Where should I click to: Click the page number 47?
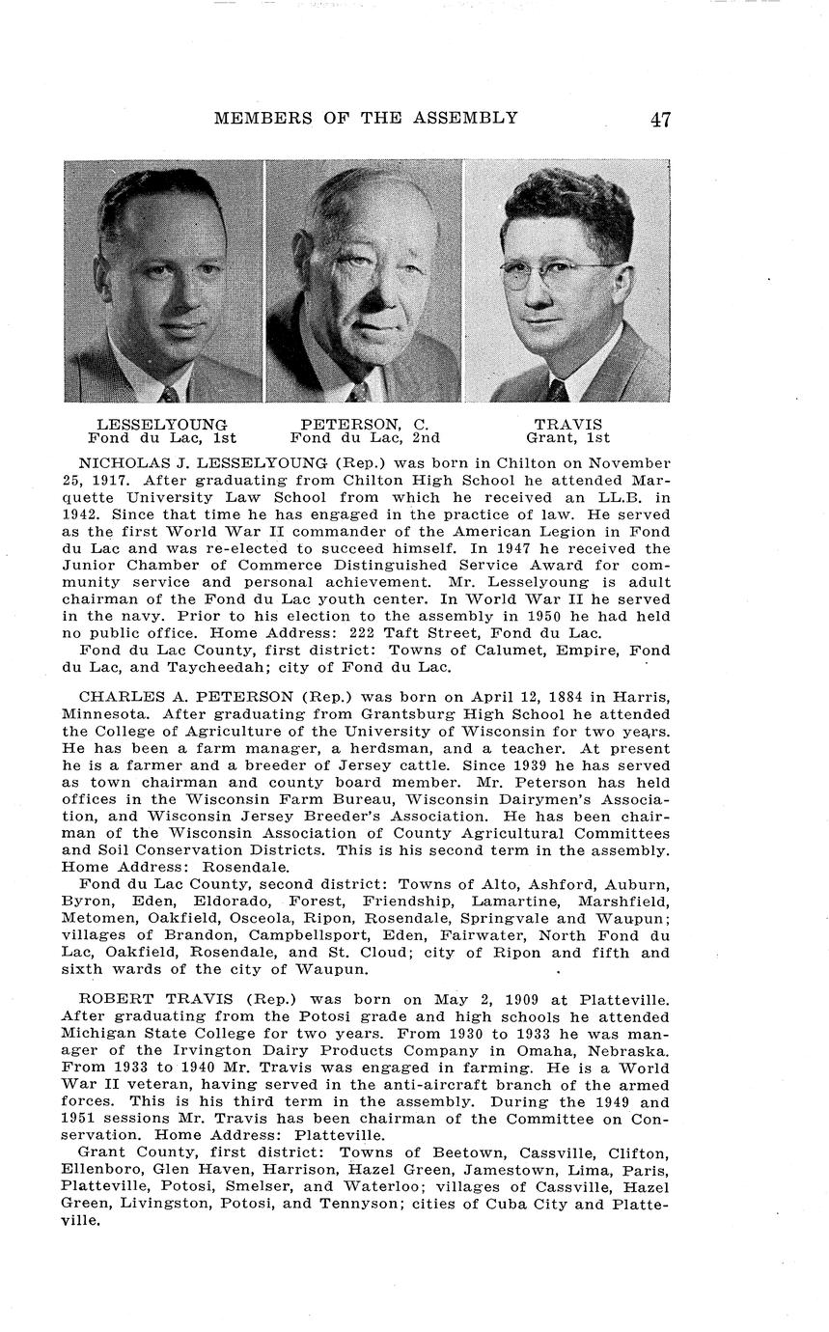point(660,120)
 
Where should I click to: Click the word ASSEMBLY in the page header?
point(469,119)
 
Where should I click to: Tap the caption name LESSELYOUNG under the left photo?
point(162,424)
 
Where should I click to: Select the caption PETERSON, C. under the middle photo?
point(364,424)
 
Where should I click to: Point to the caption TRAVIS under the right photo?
point(567,424)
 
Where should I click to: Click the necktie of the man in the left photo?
point(170,393)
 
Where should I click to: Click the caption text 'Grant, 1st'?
point(567,437)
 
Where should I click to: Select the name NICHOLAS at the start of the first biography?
point(119,463)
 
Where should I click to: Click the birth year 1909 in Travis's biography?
point(482,1000)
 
